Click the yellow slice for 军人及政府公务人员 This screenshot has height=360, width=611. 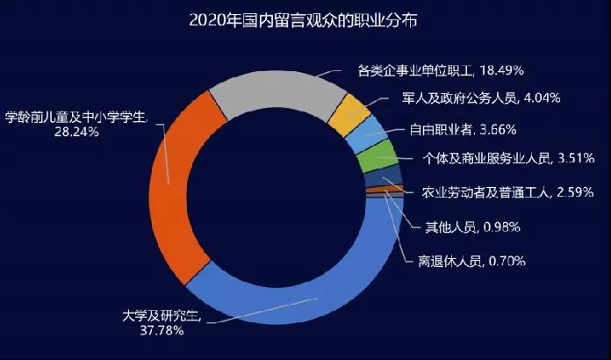pyautogui.click(x=353, y=114)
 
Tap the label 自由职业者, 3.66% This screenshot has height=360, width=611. pyautogui.click(x=462, y=130)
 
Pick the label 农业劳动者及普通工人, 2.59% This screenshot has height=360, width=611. pyautogui.click(x=508, y=191)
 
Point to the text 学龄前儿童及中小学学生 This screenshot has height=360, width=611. pyautogui.click(x=76, y=117)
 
